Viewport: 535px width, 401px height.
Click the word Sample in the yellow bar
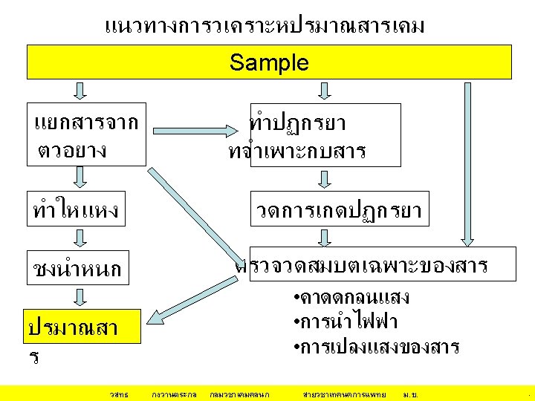click(x=269, y=62)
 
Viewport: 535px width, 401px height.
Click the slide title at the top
click(x=265, y=27)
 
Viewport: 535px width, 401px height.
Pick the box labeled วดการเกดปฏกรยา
click(x=338, y=211)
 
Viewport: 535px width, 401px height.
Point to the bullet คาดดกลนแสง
click(x=351, y=298)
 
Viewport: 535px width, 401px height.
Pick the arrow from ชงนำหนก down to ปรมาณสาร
click(x=80, y=296)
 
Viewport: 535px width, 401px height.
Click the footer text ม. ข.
click(x=409, y=392)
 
